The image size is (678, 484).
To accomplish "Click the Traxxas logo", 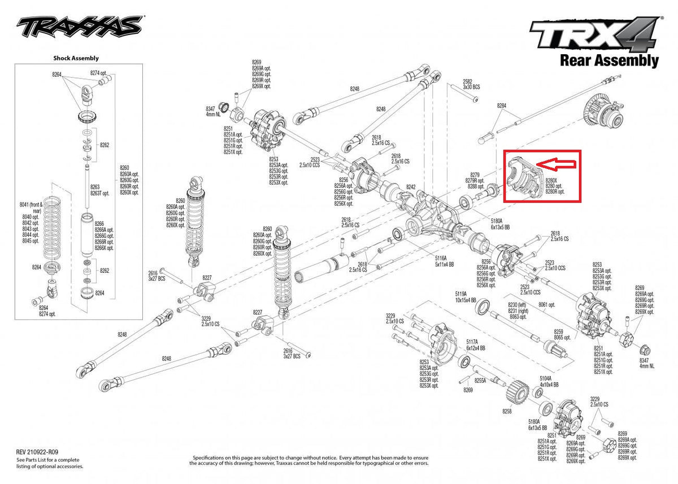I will coord(79,26).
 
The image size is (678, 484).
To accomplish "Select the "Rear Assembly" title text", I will coord(609,60).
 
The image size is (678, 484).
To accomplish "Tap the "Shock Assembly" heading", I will coord(76,58).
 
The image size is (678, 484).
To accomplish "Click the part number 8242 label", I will coord(410,187).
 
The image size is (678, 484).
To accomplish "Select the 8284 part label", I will coord(502,106).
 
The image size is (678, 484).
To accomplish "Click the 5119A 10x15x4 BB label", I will coord(466,297).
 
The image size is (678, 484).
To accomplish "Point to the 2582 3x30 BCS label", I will coord(471,85).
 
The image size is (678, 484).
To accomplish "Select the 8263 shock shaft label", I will coord(95,186).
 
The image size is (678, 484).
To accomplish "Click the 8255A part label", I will coord(480,380).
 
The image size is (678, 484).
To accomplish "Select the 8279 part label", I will coord(475,175).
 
